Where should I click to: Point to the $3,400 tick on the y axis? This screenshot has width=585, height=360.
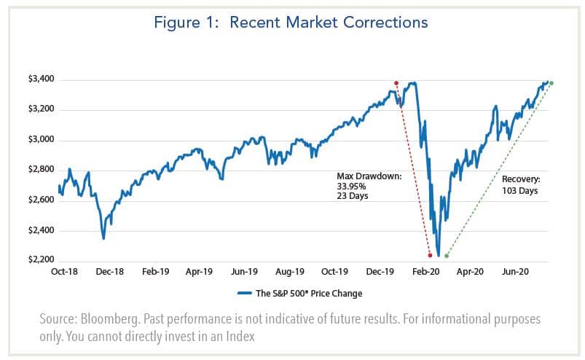click(39, 79)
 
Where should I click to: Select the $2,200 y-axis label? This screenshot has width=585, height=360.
click(39, 261)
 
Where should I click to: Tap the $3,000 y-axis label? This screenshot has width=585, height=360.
click(39, 140)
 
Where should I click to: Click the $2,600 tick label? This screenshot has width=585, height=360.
click(39, 200)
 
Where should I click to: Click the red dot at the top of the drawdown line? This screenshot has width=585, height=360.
click(396, 83)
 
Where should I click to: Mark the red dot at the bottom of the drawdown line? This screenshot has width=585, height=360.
click(430, 255)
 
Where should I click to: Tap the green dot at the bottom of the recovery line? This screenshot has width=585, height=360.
click(447, 256)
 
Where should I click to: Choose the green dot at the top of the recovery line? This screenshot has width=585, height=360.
click(551, 83)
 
